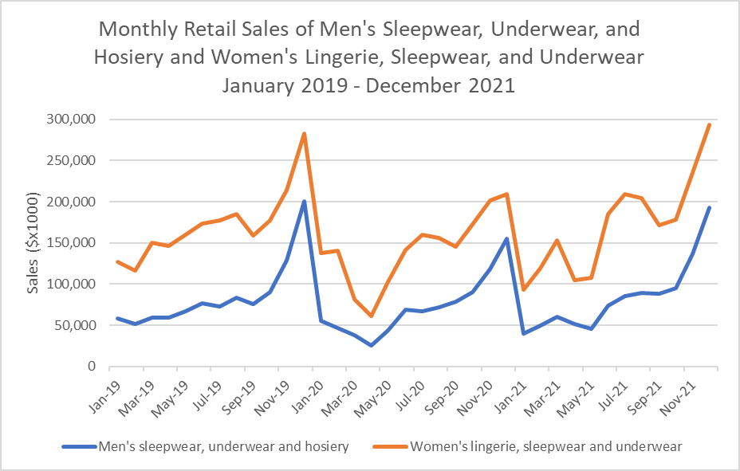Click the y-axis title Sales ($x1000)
(x=33, y=243)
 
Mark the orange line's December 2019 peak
(x=304, y=134)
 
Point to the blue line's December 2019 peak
(x=304, y=202)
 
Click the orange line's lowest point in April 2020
(x=371, y=316)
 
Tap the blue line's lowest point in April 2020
(x=371, y=345)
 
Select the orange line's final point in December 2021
(x=709, y=125)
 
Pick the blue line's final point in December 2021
(x=709, y=208)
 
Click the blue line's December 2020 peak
(x=506, y=239)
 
